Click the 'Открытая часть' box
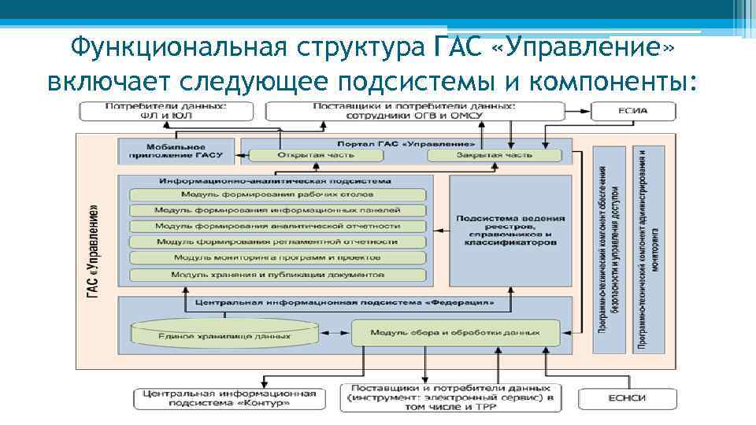point(316,155)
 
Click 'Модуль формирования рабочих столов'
point(278,194)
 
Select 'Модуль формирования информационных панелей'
point(278,210)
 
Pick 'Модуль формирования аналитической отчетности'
point(278,226)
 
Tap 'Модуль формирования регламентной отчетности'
point(278,242)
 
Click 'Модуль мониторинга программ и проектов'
point(278,257)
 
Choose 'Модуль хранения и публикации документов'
point(278,275)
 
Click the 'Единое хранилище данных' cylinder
point(224,332)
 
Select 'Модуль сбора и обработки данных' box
point(456,332)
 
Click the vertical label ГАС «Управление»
point(93,252)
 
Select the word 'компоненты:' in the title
point(617,80)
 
